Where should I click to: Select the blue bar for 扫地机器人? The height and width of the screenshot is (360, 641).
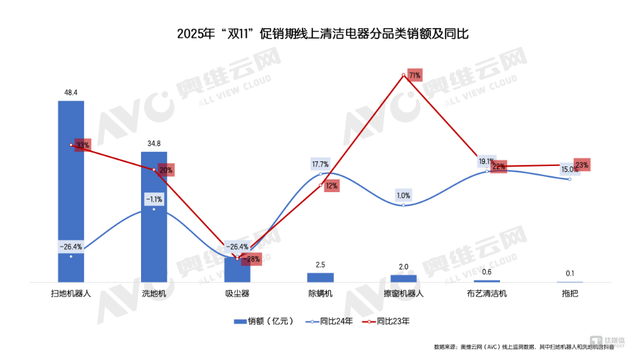[71, 192]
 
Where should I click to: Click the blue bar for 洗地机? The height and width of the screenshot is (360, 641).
[154, 218]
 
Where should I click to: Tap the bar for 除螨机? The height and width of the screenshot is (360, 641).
[320, 277]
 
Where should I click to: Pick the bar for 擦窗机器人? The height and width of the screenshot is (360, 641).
[404, 278]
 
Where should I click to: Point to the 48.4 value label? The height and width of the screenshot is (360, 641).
[71, 93]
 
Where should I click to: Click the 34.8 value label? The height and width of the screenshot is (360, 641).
[154, 143]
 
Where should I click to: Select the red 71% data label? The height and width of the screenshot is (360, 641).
[414, 76]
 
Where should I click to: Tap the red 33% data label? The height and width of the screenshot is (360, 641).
[83, 145]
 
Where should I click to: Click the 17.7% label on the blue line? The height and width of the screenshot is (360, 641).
[320, 165]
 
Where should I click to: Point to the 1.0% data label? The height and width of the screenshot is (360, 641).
[404, 195]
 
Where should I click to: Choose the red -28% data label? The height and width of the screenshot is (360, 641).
[251, 259]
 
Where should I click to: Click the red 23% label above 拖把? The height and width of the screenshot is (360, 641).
[581, 165]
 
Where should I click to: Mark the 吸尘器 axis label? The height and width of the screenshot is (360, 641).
[237, 293]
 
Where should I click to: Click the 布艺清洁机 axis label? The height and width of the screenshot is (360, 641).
[487, 293]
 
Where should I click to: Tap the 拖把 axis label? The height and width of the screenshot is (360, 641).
[570, 293]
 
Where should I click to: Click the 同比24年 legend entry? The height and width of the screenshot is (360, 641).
[329, 321]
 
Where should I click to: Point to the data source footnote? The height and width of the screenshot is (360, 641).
[523, 347]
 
